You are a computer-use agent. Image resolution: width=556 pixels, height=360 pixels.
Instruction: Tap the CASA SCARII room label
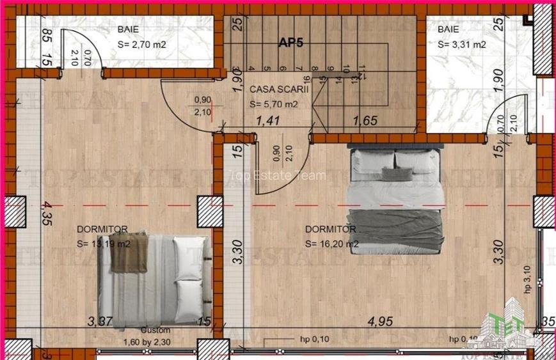[x=279, y=90]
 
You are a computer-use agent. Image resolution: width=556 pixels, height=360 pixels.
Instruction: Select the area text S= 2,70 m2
[x=141, y=45]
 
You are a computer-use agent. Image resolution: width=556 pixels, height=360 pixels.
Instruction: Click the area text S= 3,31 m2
[x=461, y=45]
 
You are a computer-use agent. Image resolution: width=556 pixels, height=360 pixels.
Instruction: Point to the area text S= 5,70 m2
[x=273, y=104]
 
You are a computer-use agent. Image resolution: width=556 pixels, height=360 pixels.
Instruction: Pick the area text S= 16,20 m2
[x=331, y=244]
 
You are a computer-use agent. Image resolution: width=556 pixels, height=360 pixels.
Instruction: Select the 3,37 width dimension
[x=100, y=321]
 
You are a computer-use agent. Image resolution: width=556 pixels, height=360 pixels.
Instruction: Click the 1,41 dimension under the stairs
[x=268, y=120]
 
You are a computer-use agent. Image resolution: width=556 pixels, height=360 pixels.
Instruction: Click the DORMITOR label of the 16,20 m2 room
[x=330, y=229]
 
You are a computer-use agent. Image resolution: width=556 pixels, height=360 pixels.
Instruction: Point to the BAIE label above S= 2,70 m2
[x=128, y=29]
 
